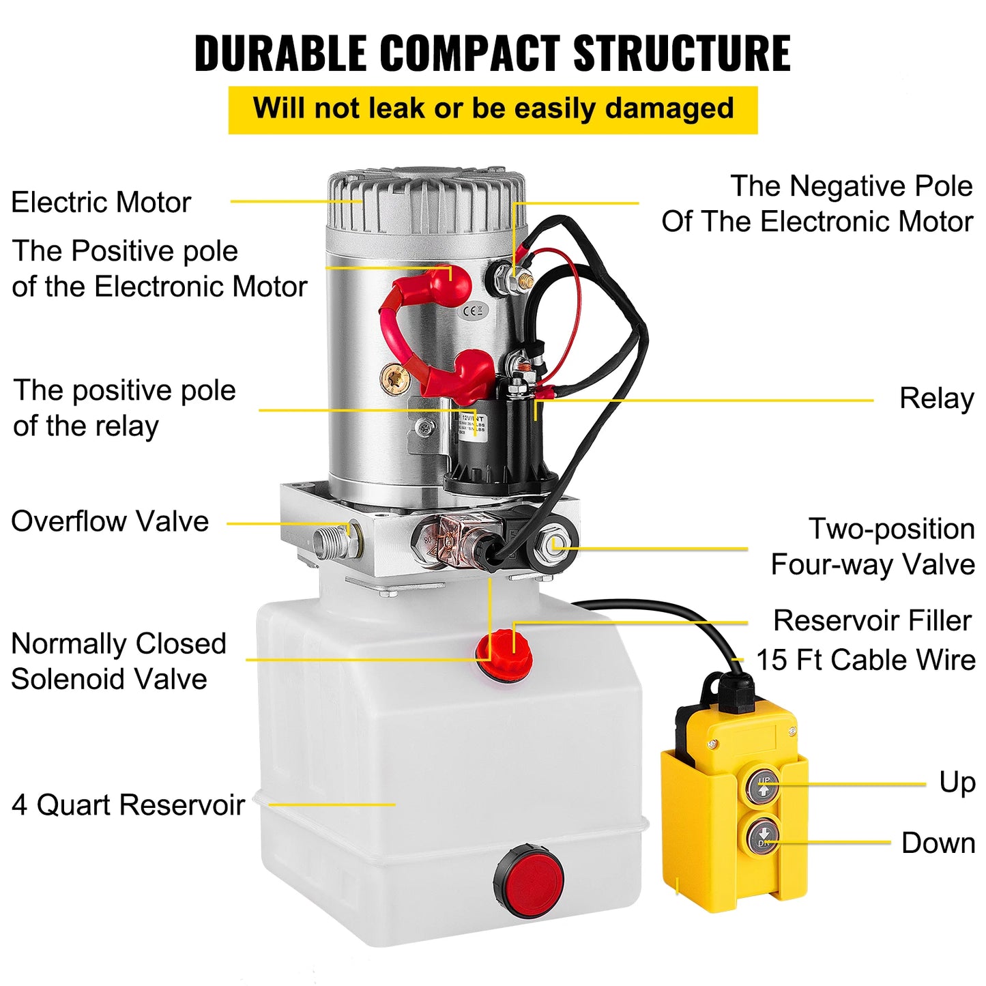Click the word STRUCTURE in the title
pyautogui.click(x=682, y=53)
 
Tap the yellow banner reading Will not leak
pyautogui.click(x=493, y=109)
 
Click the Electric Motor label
pyautogui.click(x=101, y=203)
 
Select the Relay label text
pyautogui.click(x=936, y=398)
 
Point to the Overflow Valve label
pyautogui.click(x=110, y=521)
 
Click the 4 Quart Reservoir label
pyautogui.click(x=128, y=805)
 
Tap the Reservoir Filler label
pyautogui.click(x=871, y=621)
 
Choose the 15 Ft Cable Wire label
pyautogui.click(x=865, y=660)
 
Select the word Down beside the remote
pyautogui.click(x=938, y=843)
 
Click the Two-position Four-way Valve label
pyautogui.click(x=873, y=547)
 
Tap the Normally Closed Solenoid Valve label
pyautogui.click(x=118, y=661)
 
